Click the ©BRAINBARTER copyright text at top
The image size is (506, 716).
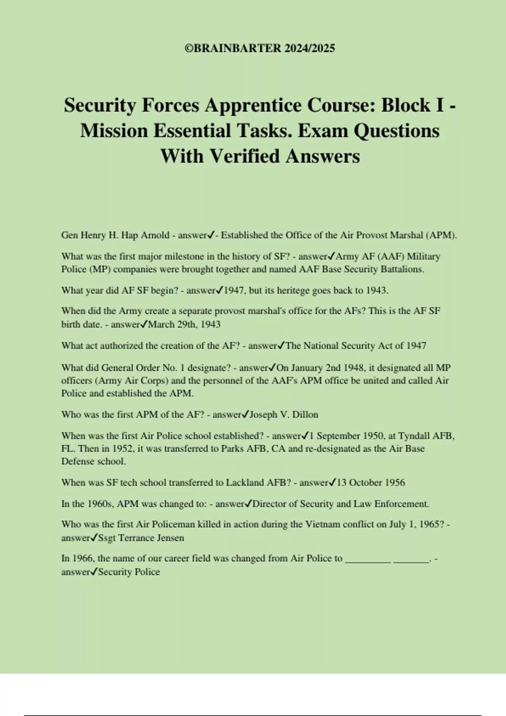pyautogui.click(x=260, y=48)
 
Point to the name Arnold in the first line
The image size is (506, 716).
pyautogui.click(x=155, y=235)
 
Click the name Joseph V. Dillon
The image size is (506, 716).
pyautogui.click(x=284, y=414)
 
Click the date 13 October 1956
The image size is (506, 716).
pyautogui.click(x=371, y=483)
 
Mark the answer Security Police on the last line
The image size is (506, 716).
pyautogui.click(x=129, y=572)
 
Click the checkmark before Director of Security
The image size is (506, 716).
pyautogui.click(x=248, y=503)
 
